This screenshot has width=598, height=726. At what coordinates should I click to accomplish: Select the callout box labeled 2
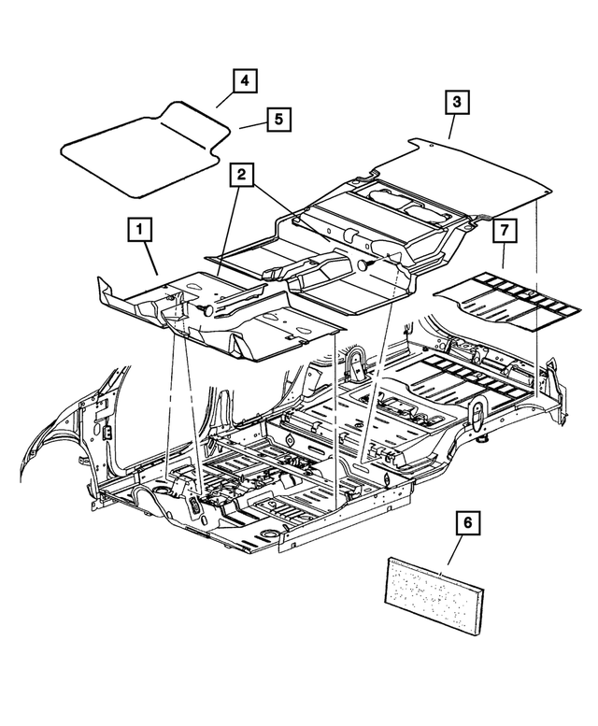coord(241,174)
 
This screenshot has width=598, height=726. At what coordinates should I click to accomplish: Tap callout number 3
coord(456,102)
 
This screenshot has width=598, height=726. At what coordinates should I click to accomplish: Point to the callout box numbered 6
coord(465,525)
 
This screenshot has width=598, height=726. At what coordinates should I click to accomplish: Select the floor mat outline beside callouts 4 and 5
coord(140,154)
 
